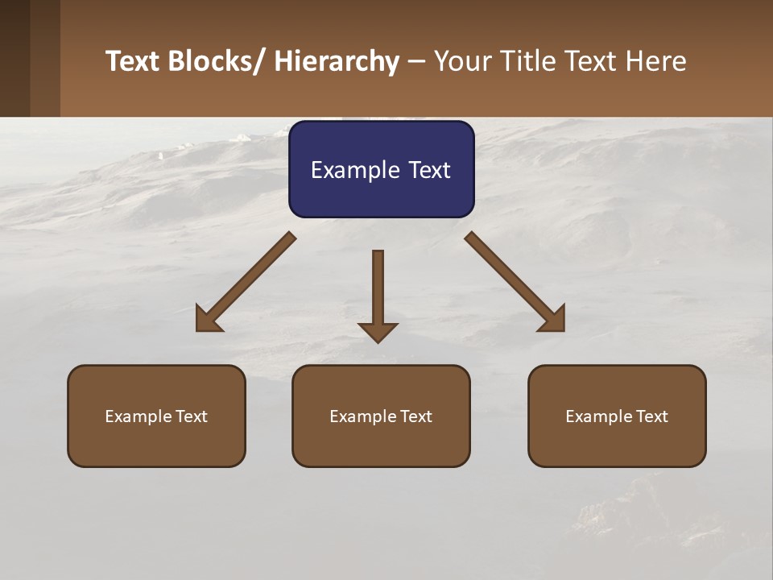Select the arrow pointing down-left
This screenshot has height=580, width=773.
coord(246,282)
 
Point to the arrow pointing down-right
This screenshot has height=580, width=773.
coord(515,282)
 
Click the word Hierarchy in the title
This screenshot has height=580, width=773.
coord(337,61)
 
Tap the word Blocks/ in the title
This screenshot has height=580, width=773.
coord(218,61)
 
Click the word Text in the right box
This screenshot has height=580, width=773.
coord(651,416)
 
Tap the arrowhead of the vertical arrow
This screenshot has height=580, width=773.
coord(378,332)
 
